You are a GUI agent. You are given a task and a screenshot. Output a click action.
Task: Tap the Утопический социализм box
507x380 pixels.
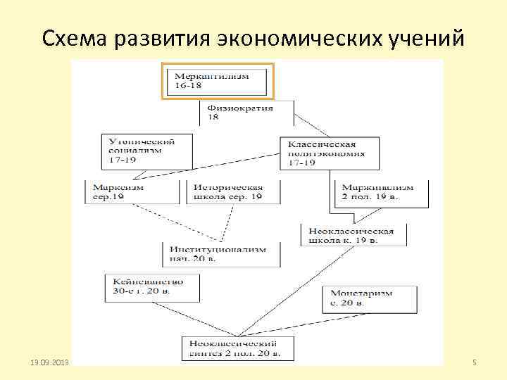point(139,150)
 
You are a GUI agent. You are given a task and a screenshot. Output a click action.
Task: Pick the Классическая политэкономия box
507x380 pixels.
point(328,153)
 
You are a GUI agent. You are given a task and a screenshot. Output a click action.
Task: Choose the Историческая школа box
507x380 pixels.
point(233,192)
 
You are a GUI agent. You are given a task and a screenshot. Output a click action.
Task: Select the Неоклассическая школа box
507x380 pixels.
point(353,234)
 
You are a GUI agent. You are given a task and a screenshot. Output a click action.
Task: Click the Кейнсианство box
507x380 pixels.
point(149,285)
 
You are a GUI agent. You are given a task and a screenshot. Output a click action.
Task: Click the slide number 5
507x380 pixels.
point(475,362)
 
